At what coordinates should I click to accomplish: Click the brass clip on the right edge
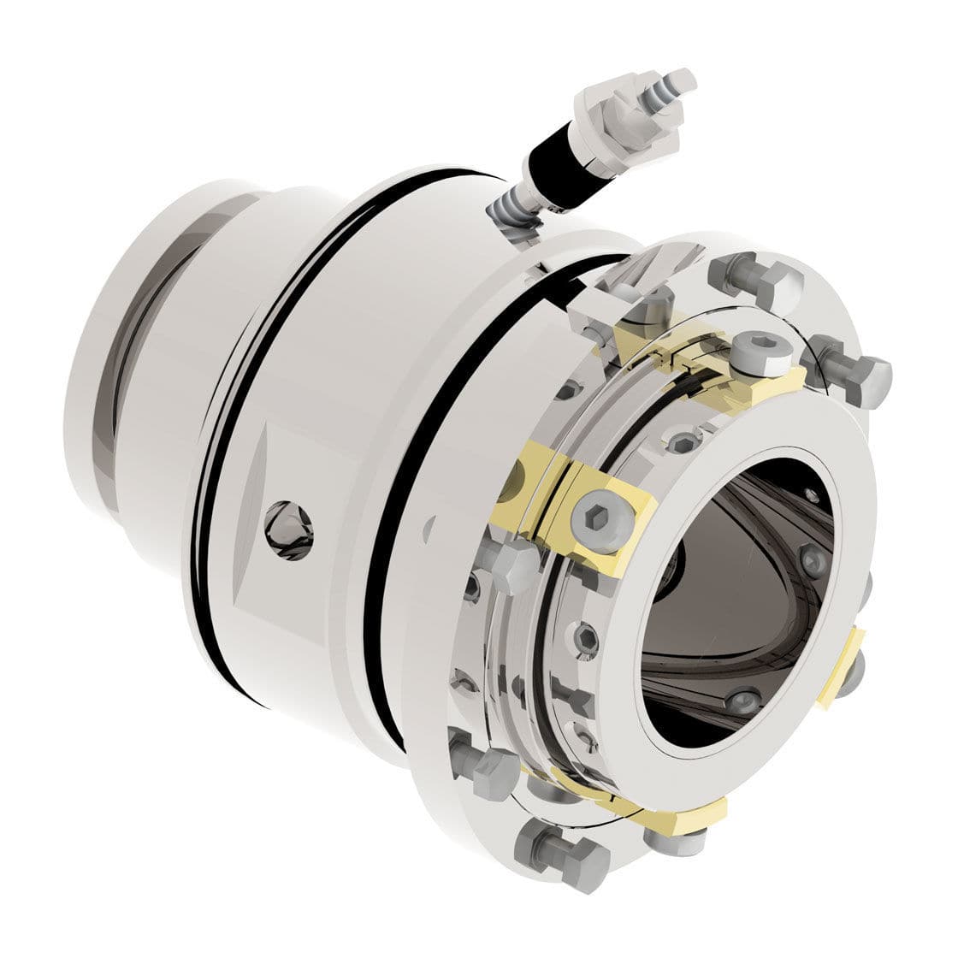pyautogui.click(x=843, y=668)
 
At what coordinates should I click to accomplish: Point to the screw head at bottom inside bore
pyautogui.click(x=743, y=699)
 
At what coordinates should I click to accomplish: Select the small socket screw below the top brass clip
pyautogui.click(x=682, y=442)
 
